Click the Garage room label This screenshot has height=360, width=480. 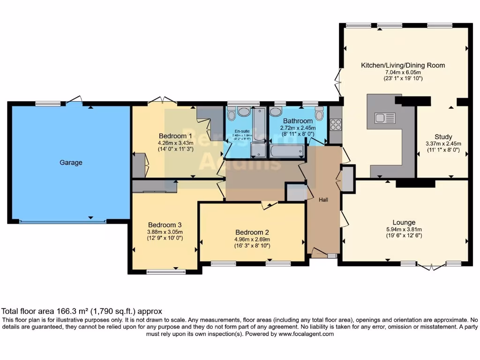(x=71, y=163)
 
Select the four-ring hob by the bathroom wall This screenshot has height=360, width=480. (x=336, y=125)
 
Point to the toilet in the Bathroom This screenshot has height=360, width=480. (x=319, y=113)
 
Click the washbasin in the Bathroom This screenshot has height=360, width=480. (x=276, y=112)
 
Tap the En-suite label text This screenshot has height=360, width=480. (x=242, y=131)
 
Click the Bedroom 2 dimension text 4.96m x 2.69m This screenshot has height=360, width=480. (x=252, y=239)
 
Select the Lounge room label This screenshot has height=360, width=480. (x=404, y=222)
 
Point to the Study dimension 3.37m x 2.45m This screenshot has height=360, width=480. (x=443, y=144)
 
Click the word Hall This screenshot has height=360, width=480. (x=323, y=200)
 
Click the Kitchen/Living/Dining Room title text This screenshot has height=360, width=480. (x=403, y=65)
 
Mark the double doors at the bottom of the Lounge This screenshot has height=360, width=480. (x=431, y=267)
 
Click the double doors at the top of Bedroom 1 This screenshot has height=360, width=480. (x=162, y=100)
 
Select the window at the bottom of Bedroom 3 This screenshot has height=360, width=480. (x=166, y=271)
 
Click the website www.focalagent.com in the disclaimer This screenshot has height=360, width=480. (x=306, y=334)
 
